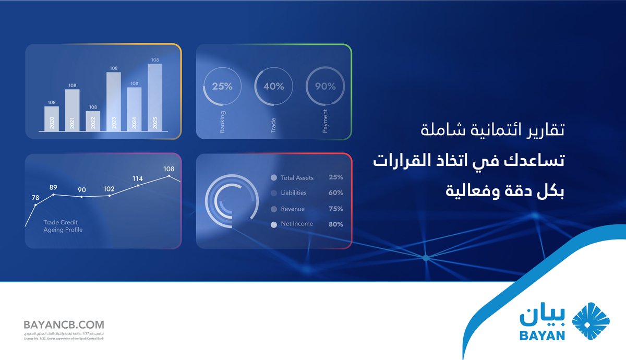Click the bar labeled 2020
(x=52, y=118)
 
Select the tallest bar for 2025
(x=155, y=97)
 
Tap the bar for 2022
(x=93, y=121)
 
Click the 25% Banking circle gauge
(x=222, y=87)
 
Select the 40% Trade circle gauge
(x=273, y=87)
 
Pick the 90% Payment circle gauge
(x=325, y=87)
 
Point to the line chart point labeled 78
(x=35, y=205)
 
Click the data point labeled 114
(x=138, y=185)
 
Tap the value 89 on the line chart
(x=53, y=187)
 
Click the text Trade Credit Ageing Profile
(x=63, y=226)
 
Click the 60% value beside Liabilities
(x=335, y=193)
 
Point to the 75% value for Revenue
(x=335, y=209)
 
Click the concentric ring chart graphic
(x=232, y=201)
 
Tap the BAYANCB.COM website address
(x=64, y=325)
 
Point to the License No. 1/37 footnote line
(x=64, y=339)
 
